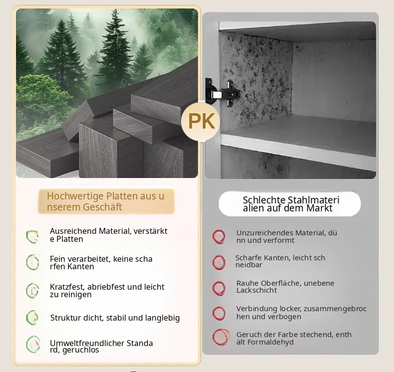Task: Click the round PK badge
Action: [200, 122]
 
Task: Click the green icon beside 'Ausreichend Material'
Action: [32, 236]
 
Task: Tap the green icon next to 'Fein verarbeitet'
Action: [32, 262]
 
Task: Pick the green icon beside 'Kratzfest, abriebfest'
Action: [32, 291]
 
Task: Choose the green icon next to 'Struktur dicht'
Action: [32, 318]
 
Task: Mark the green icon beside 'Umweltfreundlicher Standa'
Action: [33, 345]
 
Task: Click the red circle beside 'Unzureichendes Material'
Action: [219, 236]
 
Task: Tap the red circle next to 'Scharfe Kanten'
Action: [219, 263]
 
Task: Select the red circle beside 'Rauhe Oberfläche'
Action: [219, 288]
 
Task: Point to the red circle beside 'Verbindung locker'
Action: [219, 313]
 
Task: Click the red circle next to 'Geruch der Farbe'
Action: [221, 337]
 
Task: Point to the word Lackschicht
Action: [256, 290]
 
